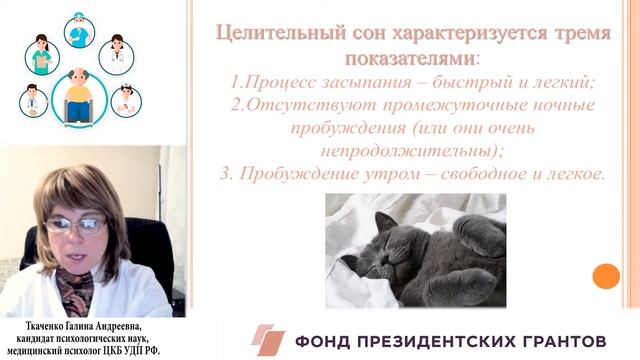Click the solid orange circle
[606, 276]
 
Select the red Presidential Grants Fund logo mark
[267, 339]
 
